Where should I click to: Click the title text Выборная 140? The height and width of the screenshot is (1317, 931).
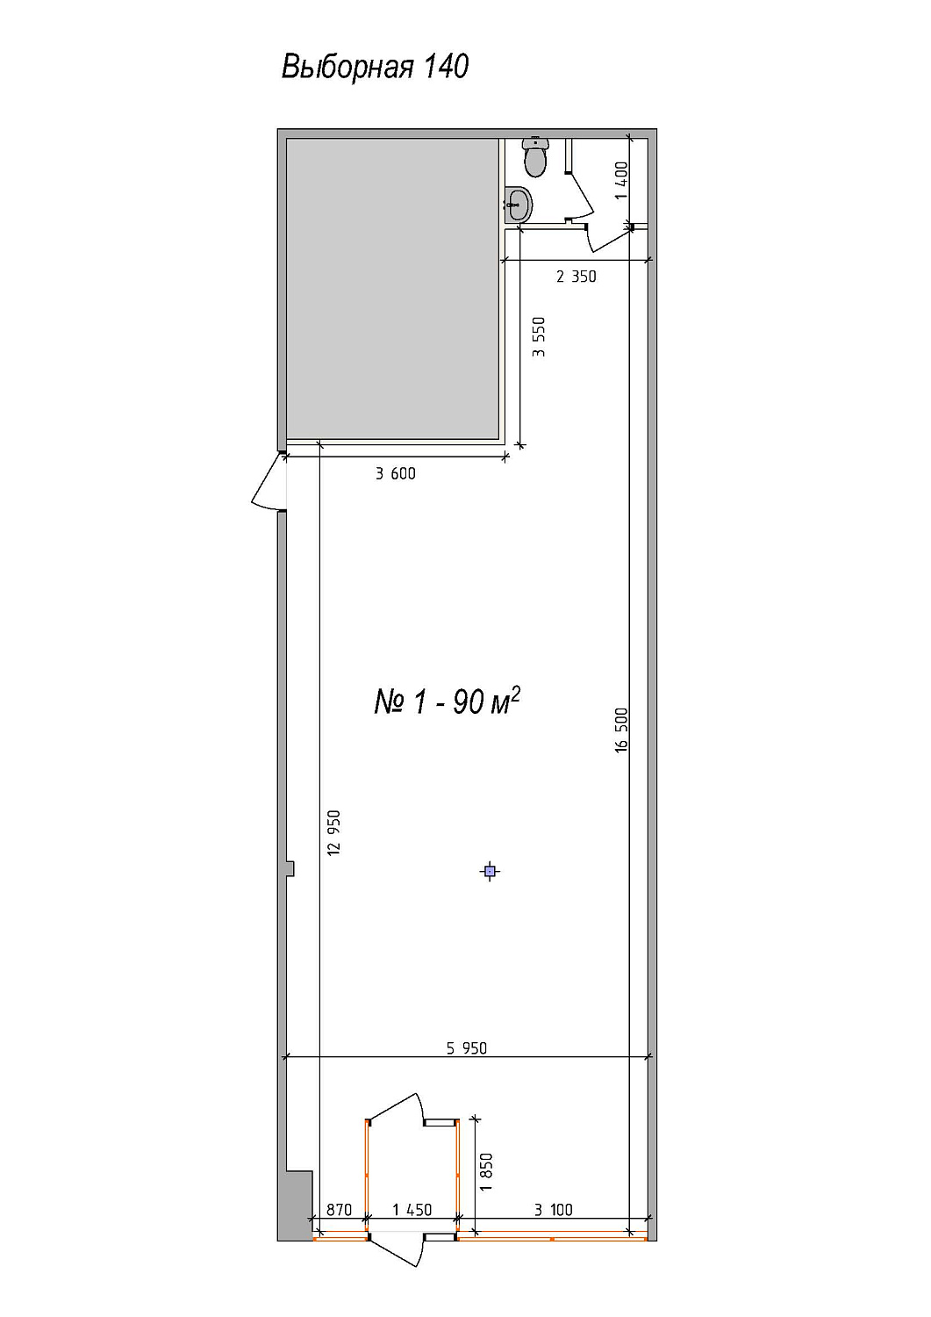tap(375, 67)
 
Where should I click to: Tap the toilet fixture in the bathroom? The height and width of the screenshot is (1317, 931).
tap(535, 157)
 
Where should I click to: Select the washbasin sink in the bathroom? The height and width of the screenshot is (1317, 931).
tap(518, 205)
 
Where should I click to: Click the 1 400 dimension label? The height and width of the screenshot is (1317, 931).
tap(622, 181)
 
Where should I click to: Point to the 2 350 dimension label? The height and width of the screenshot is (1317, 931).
tap(576, 277)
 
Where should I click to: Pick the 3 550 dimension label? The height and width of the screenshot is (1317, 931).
tap(539, 337)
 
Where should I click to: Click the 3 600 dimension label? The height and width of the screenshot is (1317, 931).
tap(396, 473)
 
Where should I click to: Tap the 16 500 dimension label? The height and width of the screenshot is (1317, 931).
tap(622, 730)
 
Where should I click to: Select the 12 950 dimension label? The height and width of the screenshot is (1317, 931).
tap(333, 833)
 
